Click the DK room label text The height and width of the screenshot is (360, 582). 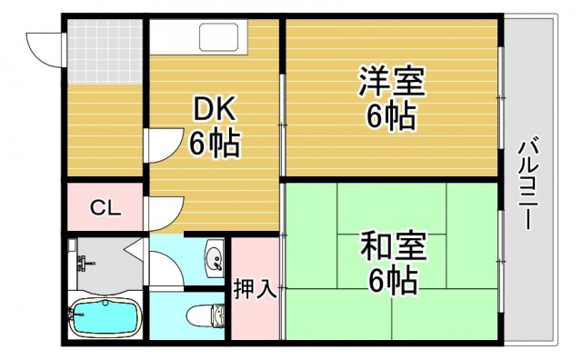click(x=215, y=111)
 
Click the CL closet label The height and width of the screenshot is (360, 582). click(x=105, y=208)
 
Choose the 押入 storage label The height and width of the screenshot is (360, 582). click(x=255, y=290)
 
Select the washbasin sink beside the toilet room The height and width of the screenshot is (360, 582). click(x=215, y=257)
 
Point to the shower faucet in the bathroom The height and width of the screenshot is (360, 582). click(x=85, y=264)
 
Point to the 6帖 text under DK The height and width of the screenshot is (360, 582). click(x=215, y=144)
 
